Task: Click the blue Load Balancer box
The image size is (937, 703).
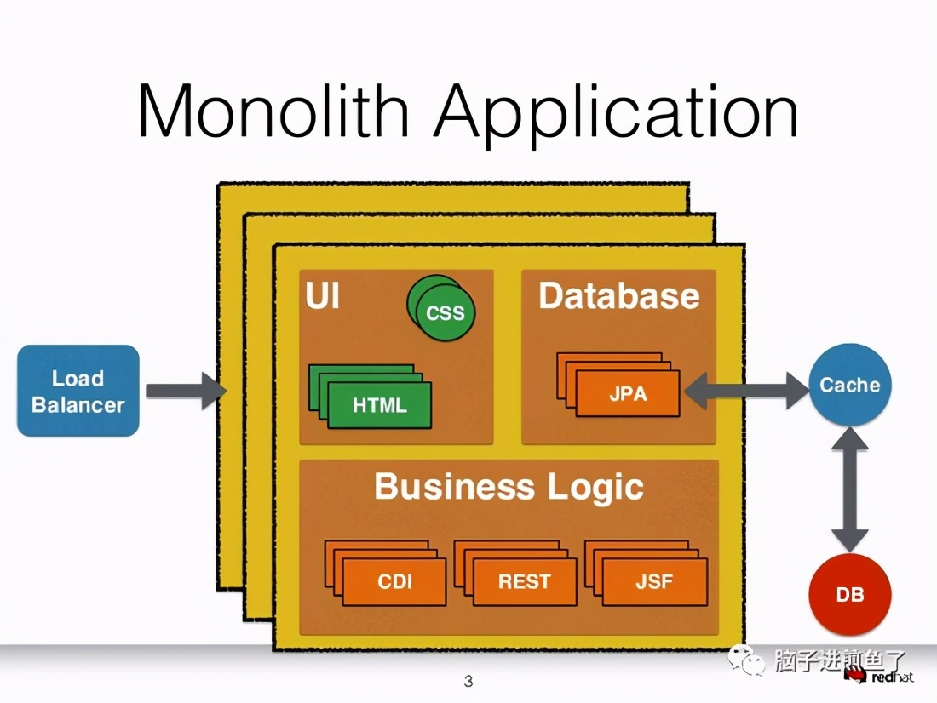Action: (x=78, y=391)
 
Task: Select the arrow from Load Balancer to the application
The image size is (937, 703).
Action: (x=186, y=392)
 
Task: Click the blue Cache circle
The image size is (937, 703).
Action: (x=850, y=386)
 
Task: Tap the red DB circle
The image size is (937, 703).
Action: (x=850, y=594)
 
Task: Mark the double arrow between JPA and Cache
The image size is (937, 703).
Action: (x=746, y=392)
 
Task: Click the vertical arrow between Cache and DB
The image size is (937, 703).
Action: (x=850, y=489)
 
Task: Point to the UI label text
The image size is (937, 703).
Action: (x=323, y=295)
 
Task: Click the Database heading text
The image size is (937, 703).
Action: (x=619, y=295)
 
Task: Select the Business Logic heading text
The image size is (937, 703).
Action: (x=509, y=487)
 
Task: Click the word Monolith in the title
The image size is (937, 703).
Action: (x=273, y=111)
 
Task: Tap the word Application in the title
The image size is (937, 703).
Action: (x=616, y=113)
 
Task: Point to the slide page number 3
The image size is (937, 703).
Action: (x=468, y=681)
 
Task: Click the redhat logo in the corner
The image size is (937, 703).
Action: (x=879, y=676)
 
